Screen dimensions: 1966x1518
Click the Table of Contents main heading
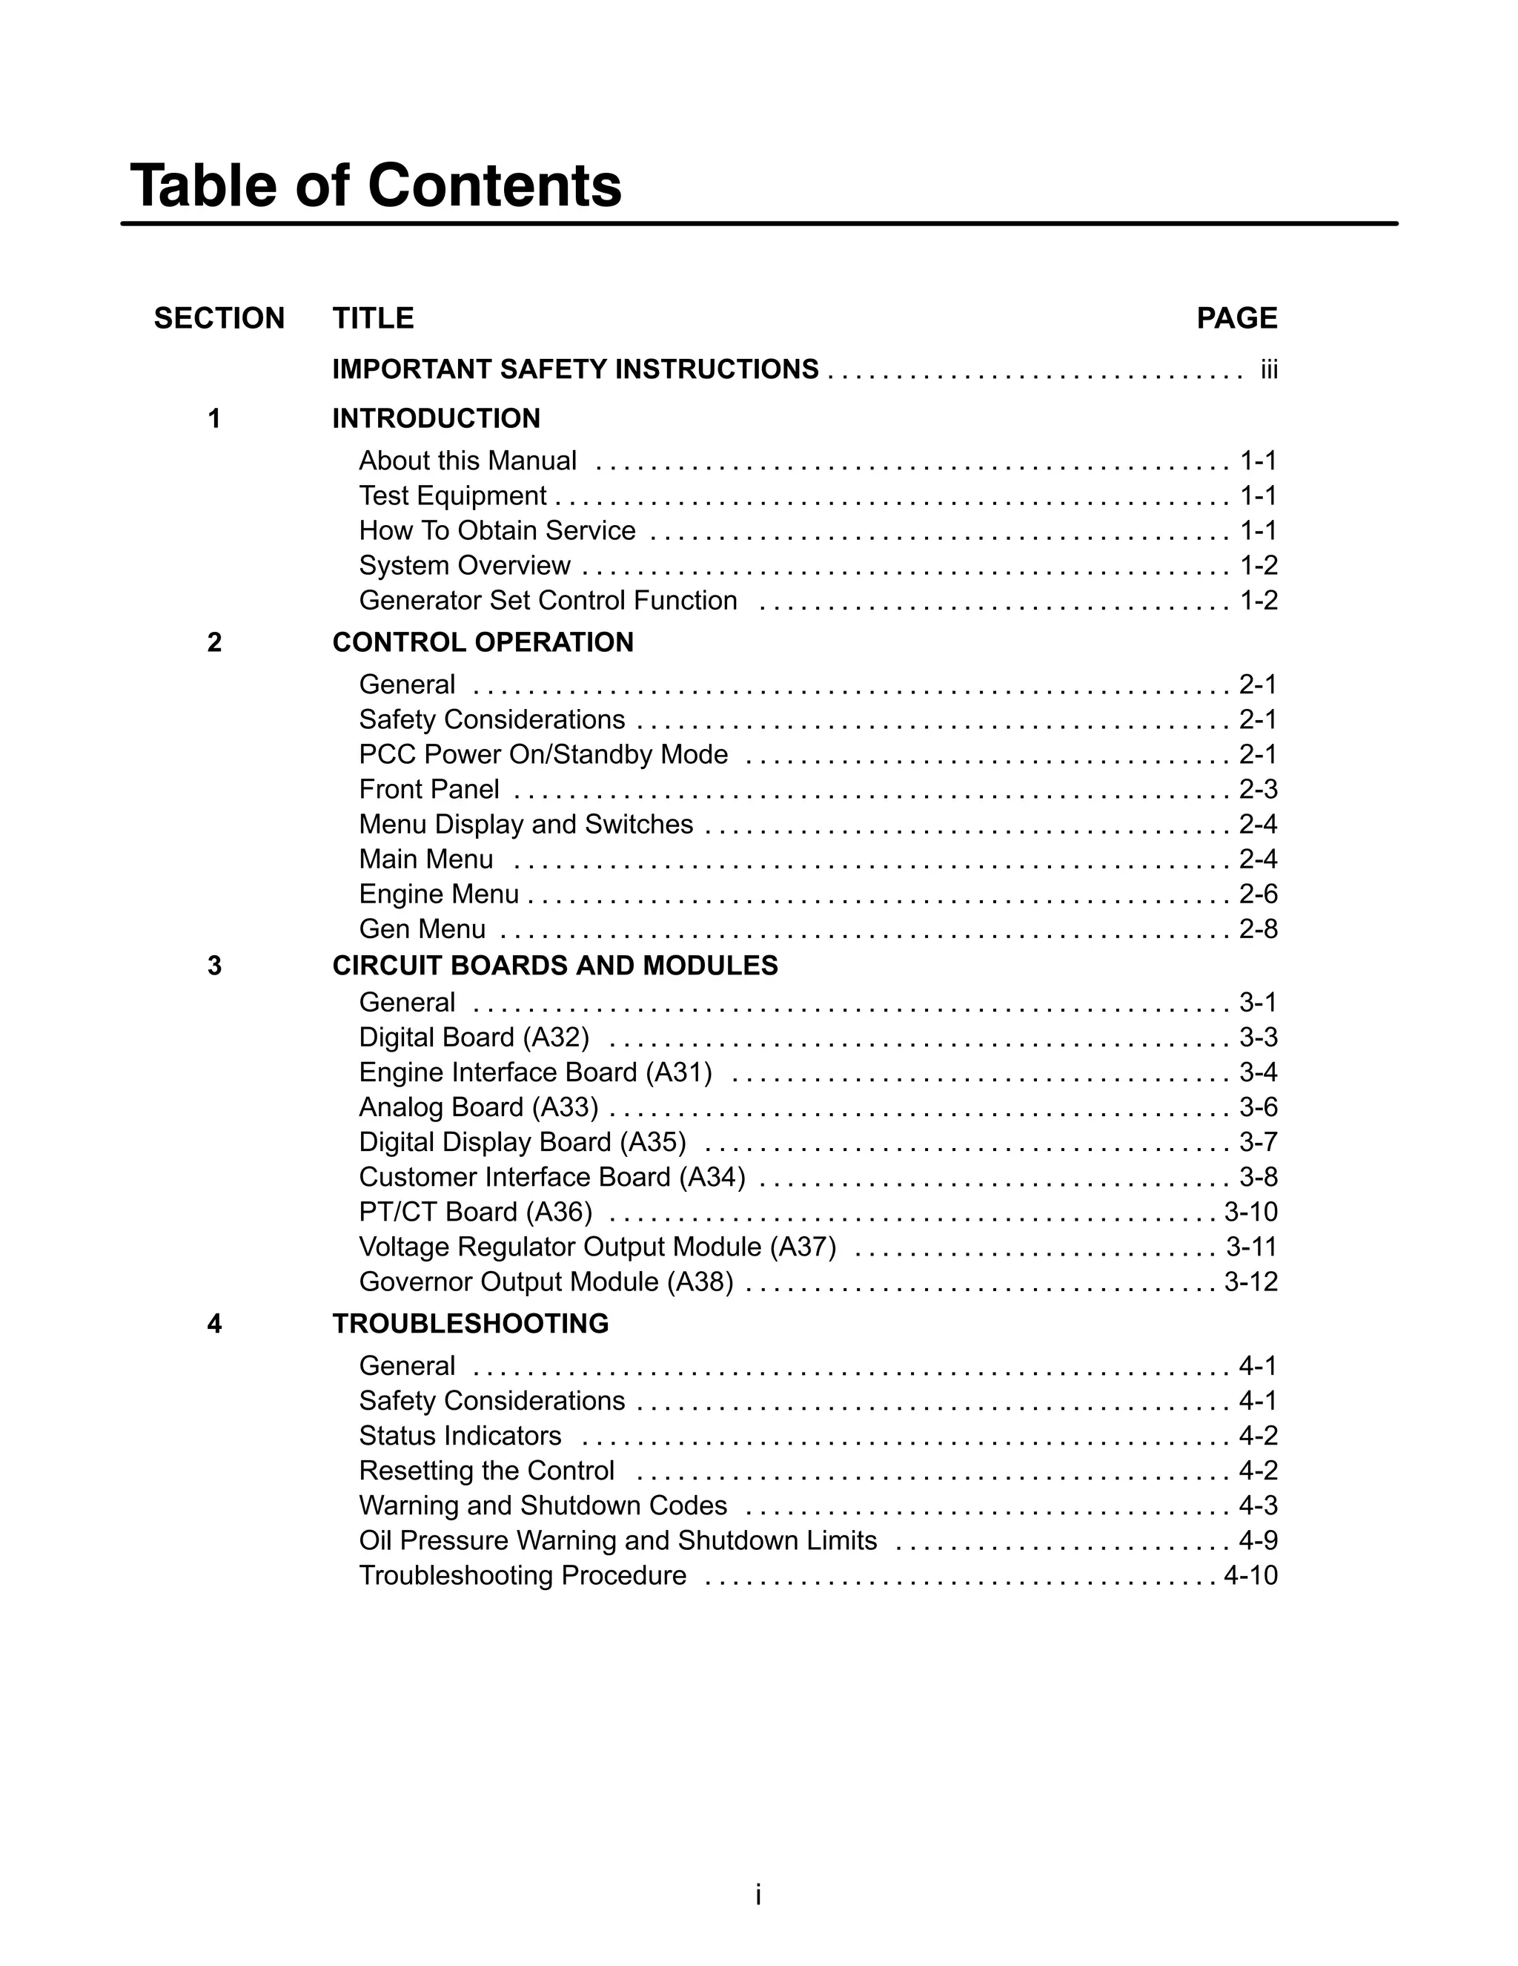(x=375, y=185)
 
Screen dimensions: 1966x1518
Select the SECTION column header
(x=219, y=319)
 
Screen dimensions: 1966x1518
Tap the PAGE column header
(x=1236, y=319)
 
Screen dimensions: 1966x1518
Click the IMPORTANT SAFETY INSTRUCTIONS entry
(x=575, y=369)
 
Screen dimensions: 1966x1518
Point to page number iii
(x=1269, y=370)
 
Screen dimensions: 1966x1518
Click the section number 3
(x=214, y=966)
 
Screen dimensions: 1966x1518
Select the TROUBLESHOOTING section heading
(x=470, y=1323)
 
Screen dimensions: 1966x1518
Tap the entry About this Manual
(x=467, y=461)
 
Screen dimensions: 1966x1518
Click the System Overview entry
(x=464, y=565)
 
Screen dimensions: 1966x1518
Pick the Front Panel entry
(x=428, y=790)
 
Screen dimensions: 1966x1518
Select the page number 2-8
(x=1258, y=929)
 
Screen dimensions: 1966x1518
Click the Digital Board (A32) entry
(x=474, y=1038)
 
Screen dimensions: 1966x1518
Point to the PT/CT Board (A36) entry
(x=475, y=1213)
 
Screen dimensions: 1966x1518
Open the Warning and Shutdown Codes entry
(x=543, y=1506)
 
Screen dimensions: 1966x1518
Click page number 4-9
(x=1258, y=1541)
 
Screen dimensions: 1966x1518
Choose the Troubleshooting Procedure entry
(x=522, y=1575)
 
